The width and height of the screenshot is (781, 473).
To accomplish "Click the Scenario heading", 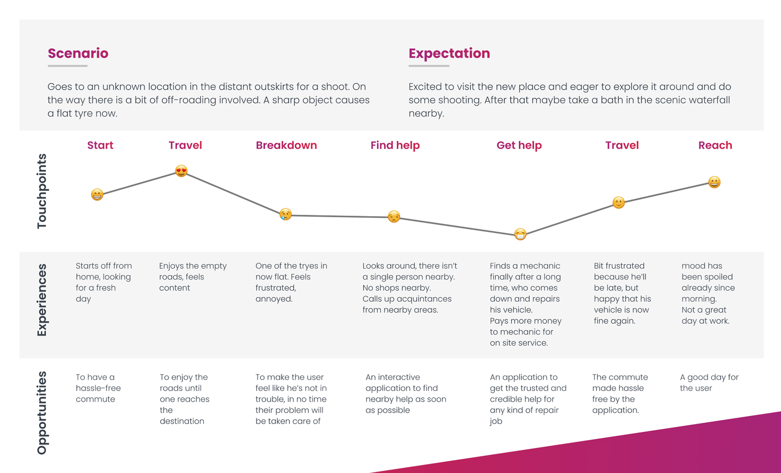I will (78, 53).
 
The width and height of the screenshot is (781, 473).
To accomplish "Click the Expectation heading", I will (449, 53).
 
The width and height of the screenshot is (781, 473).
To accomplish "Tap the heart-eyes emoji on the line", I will (181, 171).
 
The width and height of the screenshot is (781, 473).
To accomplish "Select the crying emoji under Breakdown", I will (285, 214).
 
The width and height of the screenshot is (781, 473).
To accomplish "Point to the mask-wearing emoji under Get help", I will (520, 234).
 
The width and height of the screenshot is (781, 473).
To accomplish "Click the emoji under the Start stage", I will (97, 194).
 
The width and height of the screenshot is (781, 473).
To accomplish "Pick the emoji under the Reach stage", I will (714, 182).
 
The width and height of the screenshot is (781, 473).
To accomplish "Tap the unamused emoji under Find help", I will (394, 216).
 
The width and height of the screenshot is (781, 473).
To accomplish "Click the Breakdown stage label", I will (286, 145).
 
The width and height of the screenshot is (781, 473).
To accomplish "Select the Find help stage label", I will (395, 145).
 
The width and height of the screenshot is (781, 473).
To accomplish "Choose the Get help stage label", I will (519, 145).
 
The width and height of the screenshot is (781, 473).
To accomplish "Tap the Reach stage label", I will (715, 145).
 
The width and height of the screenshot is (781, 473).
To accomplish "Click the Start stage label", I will (100, 145).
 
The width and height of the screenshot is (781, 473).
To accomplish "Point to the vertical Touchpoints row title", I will (42, 191).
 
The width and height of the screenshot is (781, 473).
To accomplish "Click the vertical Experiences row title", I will (42, 300).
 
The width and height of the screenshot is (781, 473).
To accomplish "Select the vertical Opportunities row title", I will (42, 413).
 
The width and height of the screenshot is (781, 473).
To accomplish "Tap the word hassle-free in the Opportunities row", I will (98, 388).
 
